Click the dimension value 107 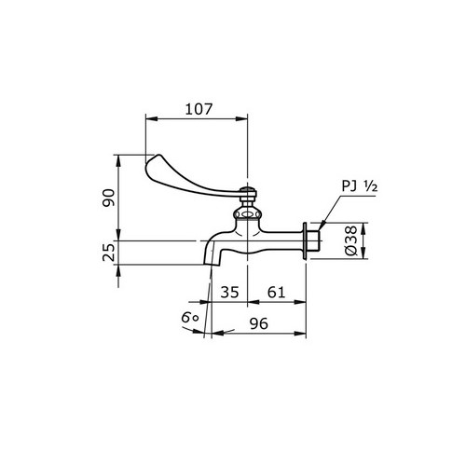coord(198,107)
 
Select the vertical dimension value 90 coord(108,198)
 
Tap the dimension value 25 coord(108,252)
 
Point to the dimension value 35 coord(229,292)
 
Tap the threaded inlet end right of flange coord(315,241)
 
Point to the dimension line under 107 coord(198,118)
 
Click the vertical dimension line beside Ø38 coord(363,241)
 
